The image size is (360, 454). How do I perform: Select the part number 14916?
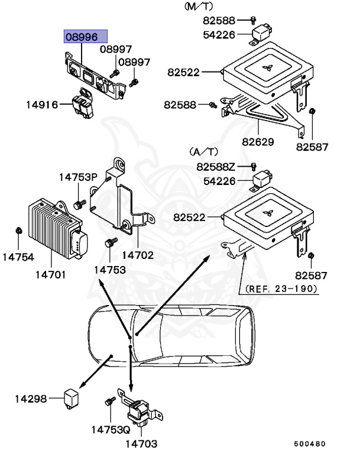pos(41,105)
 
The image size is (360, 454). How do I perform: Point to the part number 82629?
pos(258,142)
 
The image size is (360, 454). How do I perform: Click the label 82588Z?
pos(216,167)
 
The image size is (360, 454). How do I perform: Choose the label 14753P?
pos(77,177)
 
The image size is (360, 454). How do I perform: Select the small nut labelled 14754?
pos(18,230)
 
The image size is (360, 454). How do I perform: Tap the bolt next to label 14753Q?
pos(109,402)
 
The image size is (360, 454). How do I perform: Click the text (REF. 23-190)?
pos(281,289)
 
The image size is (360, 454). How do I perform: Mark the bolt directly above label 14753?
pos(111,242)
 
